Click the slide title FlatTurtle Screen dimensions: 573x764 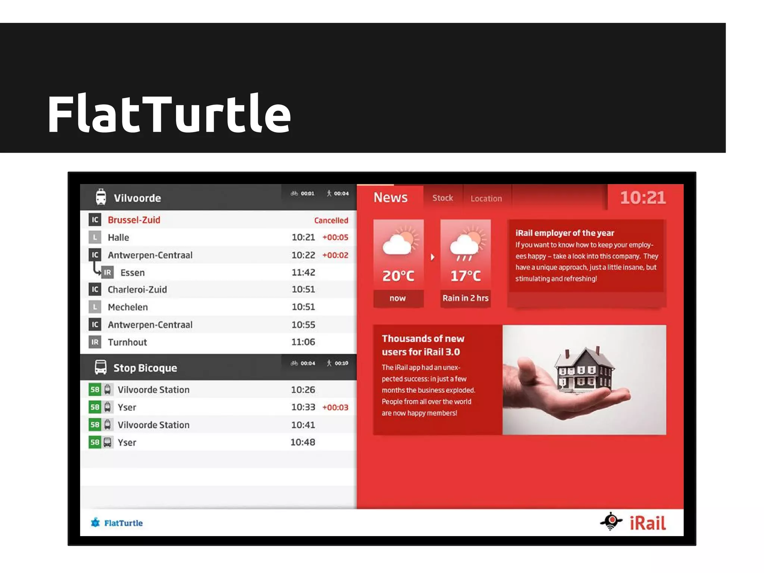pyautogui.click(x=169, y=114)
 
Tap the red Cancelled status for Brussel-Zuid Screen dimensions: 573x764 pyautogui.click(x=331, y=220)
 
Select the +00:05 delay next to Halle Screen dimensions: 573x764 pyautogui.click(x=335, y=238)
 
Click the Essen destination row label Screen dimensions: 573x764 pyautogui.click(x=132, y=273)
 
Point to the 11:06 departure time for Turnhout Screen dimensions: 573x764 pyautogui.click(x=303, y=342)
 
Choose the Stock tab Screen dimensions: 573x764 pyautogui.click(x=442, y=198)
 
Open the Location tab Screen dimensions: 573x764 pyautogui.click(x=486, y=199)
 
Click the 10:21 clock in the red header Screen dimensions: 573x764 pyautogui.click(x=642, y=198)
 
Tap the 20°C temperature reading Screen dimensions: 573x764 pyautogui.click(x=398, y=276)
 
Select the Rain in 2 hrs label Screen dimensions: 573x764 pyautogui.click(x=465, y=298)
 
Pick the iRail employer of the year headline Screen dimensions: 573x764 pyautogui.click(x=564, y=233)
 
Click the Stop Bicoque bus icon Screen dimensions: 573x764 pyautogui.click(x=101, y=367)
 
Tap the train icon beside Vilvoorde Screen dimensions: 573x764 pyautogui.click(x=101, y=197)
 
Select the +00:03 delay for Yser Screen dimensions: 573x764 pyautogui.click(x=335, y=407)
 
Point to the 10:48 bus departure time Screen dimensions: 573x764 pyautogui.click(x=303, y=442)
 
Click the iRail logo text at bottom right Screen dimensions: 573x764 pyautogui.click(x=647, y=523)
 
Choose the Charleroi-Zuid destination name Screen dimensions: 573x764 pyautogui.click(x=137, y=290)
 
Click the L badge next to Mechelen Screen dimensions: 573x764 pyautogui.click(x=95, y=307)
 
